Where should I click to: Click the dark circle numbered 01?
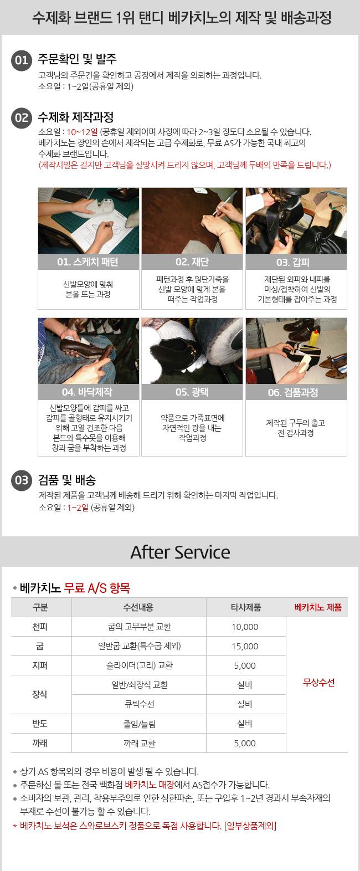[x=22, y=60]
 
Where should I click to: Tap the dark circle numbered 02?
[x=22, y=118]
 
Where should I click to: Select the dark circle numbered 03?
[x=22, y=480]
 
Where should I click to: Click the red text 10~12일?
[x=82, y=132]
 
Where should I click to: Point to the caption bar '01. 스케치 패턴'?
[x=88, y=262]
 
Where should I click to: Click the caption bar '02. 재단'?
[x=192, y=262]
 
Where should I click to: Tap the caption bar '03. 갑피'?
[x=296, y=262]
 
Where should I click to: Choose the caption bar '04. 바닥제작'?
[x=88, y=392]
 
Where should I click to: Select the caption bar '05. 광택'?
[x=192, y=392]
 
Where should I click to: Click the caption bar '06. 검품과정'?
[x=296, y=392]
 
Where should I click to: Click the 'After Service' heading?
[x=180, y=552]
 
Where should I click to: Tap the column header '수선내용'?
[x=138, y=607]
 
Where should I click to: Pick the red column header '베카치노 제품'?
[x=317, y=607]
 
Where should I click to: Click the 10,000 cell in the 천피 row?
[x=245, y=627]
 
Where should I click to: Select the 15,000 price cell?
[x=245, y=646]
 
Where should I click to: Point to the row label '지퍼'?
[x=40, y=665]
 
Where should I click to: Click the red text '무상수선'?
[x=318, y=683]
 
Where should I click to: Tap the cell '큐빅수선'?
[x=139, y=704]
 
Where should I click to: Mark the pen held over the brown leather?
[x=224, y=203]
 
